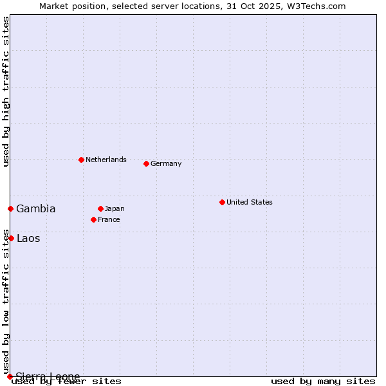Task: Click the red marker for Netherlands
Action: point(81,160)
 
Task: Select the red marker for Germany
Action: point(146,163)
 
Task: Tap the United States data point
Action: point(222,202)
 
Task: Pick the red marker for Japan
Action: point(100,208)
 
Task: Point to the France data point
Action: point(93,219)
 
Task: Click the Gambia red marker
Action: point(10,208)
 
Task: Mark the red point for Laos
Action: point(11,238)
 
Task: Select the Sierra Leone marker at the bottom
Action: point(10,376)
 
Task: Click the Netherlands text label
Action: point(106,160)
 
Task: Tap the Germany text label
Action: point(166,163)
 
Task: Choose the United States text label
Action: point(250,202)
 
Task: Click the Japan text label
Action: point(115,208)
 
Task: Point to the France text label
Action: point(109,219)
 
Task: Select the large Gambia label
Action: point(36,208)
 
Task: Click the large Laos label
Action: point(28,238)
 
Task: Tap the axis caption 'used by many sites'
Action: point(323,381)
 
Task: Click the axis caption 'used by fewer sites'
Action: point(67,381)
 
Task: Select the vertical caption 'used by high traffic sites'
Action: point(6,92)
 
